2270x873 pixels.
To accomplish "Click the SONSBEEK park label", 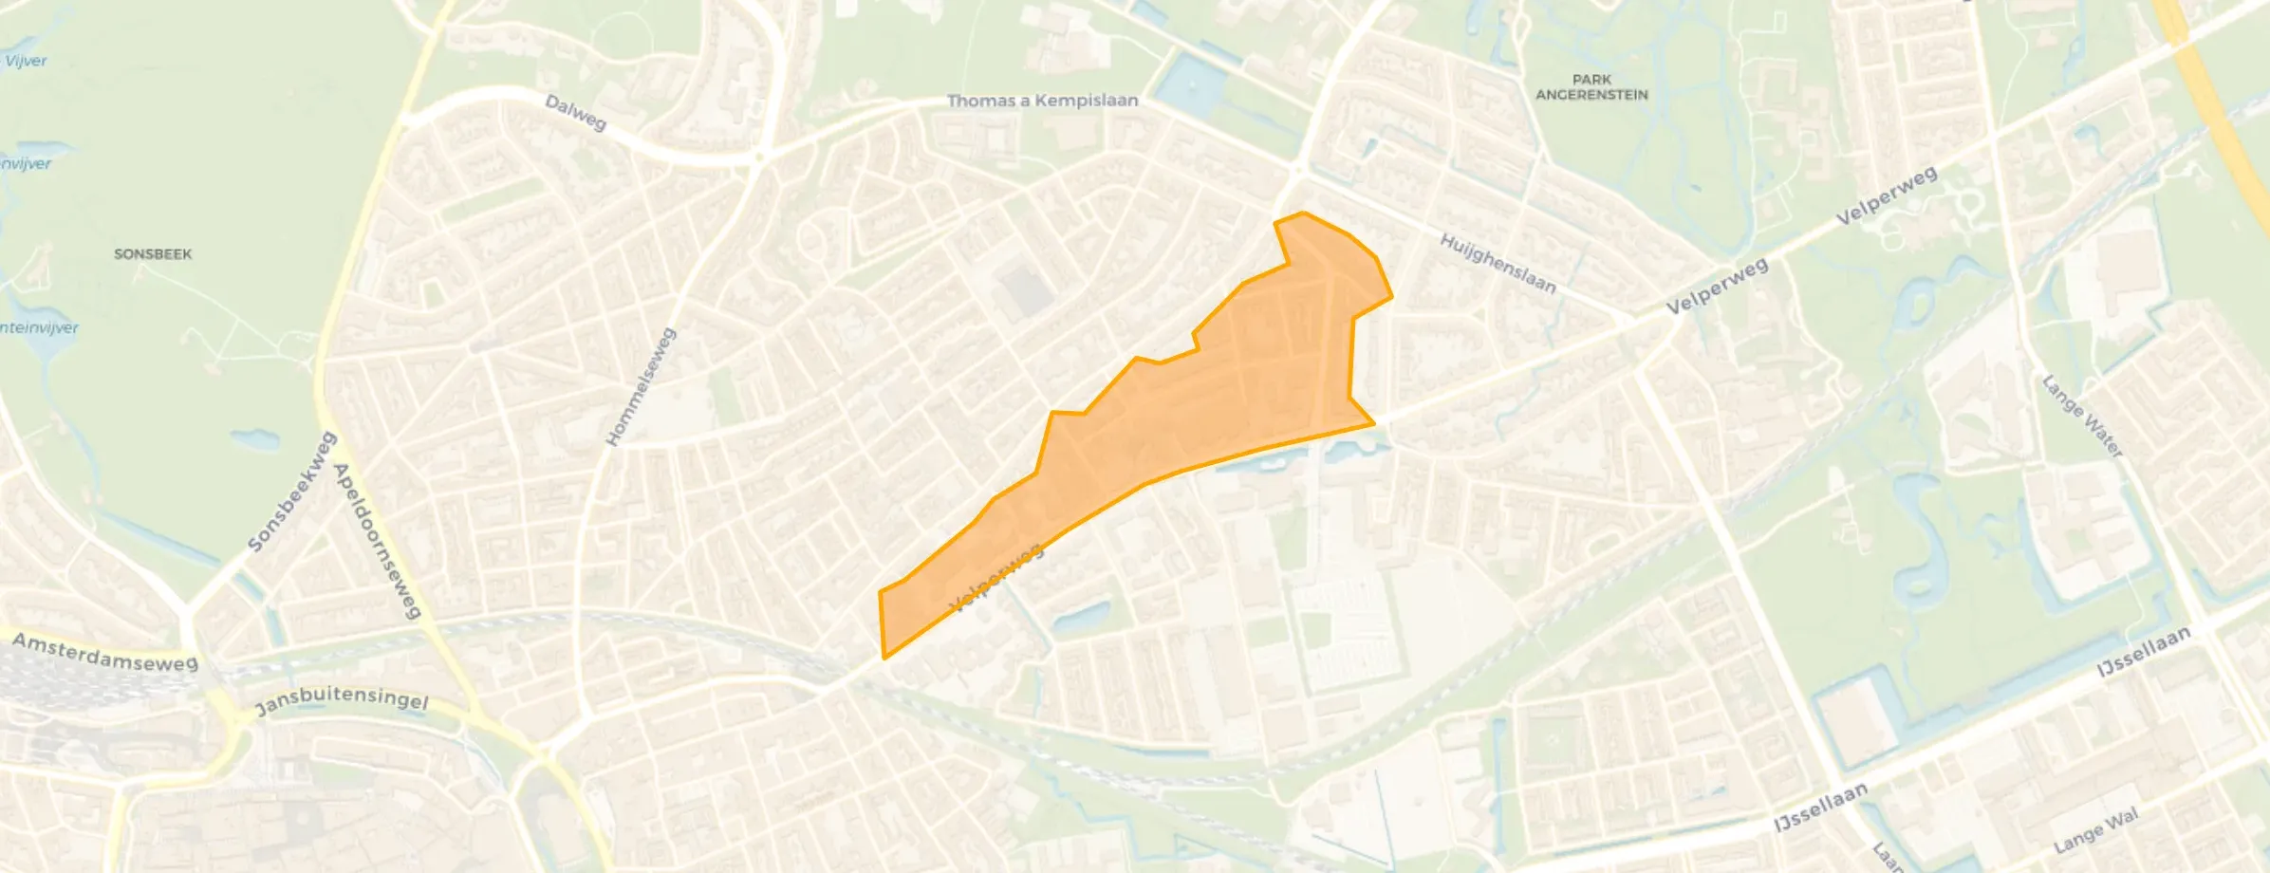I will (x=153, y=254).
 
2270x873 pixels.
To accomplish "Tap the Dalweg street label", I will (x=575, y=112).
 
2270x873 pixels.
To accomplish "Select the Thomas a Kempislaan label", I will (x=1042, y=101).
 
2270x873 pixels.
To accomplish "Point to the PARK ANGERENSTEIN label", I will (x=1591, y=87).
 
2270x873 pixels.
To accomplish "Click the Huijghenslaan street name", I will (x=1498, y=263).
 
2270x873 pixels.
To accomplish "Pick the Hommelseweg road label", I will (x=642, y=386).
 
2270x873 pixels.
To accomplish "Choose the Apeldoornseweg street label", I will (x=377, y=541).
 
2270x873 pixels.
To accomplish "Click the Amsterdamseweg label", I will (x=104, y=653).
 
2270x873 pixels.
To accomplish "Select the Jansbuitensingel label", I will (x=342, y=701).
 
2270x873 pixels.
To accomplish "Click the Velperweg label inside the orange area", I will (x=996, y=576).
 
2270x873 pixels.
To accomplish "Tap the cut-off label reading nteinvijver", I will (x=39, y=328).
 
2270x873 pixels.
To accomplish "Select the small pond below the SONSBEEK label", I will (x=254, y=439).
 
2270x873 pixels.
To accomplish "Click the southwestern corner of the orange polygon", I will (x=884, y=658).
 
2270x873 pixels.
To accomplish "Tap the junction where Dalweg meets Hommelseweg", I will (x=758, y=161).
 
